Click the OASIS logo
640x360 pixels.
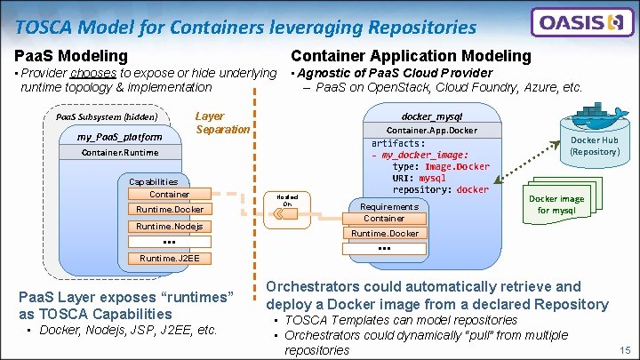[x=582, y=22]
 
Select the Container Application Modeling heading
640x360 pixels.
[x=411, y=56]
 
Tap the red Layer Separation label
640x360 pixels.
[x=222, y=123]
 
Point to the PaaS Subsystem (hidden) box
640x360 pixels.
[x=106, y=116]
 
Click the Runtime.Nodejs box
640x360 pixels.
[x=169, y=226]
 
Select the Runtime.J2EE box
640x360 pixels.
[x=169, y=259]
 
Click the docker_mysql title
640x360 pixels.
[x=431, y=116]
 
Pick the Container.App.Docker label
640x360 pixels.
[x=431, y=131]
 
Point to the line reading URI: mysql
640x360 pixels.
[x=420, y=177]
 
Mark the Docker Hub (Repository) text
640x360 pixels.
[x=595, y=146]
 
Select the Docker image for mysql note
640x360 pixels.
[x=556, y=204]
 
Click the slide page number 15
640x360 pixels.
[x=626, y=350]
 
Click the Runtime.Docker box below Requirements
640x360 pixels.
[x=385, y=233]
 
